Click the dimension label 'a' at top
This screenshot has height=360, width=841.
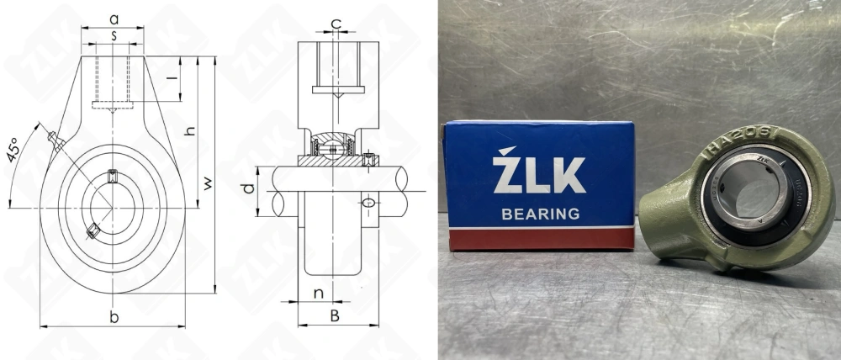(114, 17)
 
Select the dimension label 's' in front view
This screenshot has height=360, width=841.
(114, 35)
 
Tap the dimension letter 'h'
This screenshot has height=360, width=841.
(190, 131)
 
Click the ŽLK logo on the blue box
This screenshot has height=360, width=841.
(538, 175)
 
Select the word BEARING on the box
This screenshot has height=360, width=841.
(540, 214)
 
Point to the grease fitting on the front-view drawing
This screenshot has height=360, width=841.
(55, 140)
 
